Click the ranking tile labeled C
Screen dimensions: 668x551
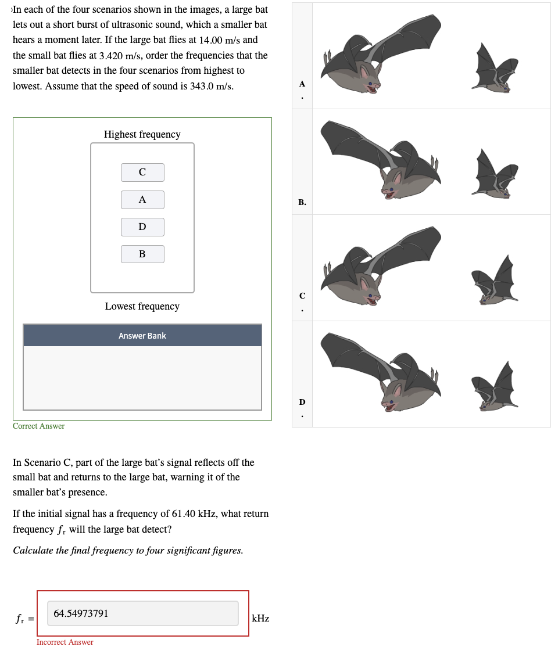point(142,172)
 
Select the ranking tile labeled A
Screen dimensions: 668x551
point(142,199)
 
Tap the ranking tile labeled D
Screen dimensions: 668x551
point(142,227)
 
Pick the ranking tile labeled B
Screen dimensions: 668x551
point(142,254)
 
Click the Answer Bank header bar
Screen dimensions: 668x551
point(142,336)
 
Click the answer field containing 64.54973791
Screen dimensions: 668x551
point(142,613)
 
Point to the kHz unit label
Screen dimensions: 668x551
point(260,619)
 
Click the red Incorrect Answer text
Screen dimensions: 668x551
point(65,642)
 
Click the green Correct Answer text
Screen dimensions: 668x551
point(38,426)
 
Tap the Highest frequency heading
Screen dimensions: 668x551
point(142,134)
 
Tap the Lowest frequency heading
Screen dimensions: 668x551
point(142,306)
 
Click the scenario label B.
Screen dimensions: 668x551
point(302,202)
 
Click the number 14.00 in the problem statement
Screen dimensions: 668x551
point(212,40)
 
